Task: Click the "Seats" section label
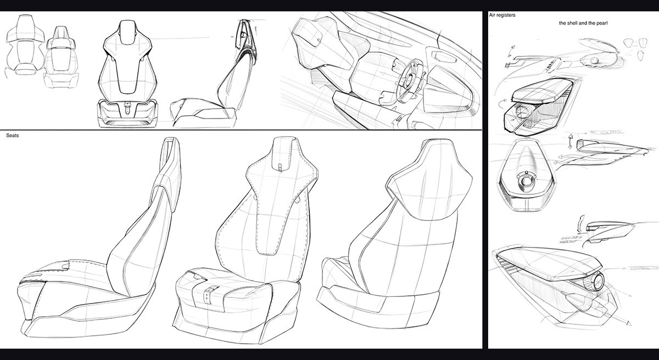[13, 135]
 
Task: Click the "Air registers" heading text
[502, 15]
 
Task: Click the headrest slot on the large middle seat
[280, 165]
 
